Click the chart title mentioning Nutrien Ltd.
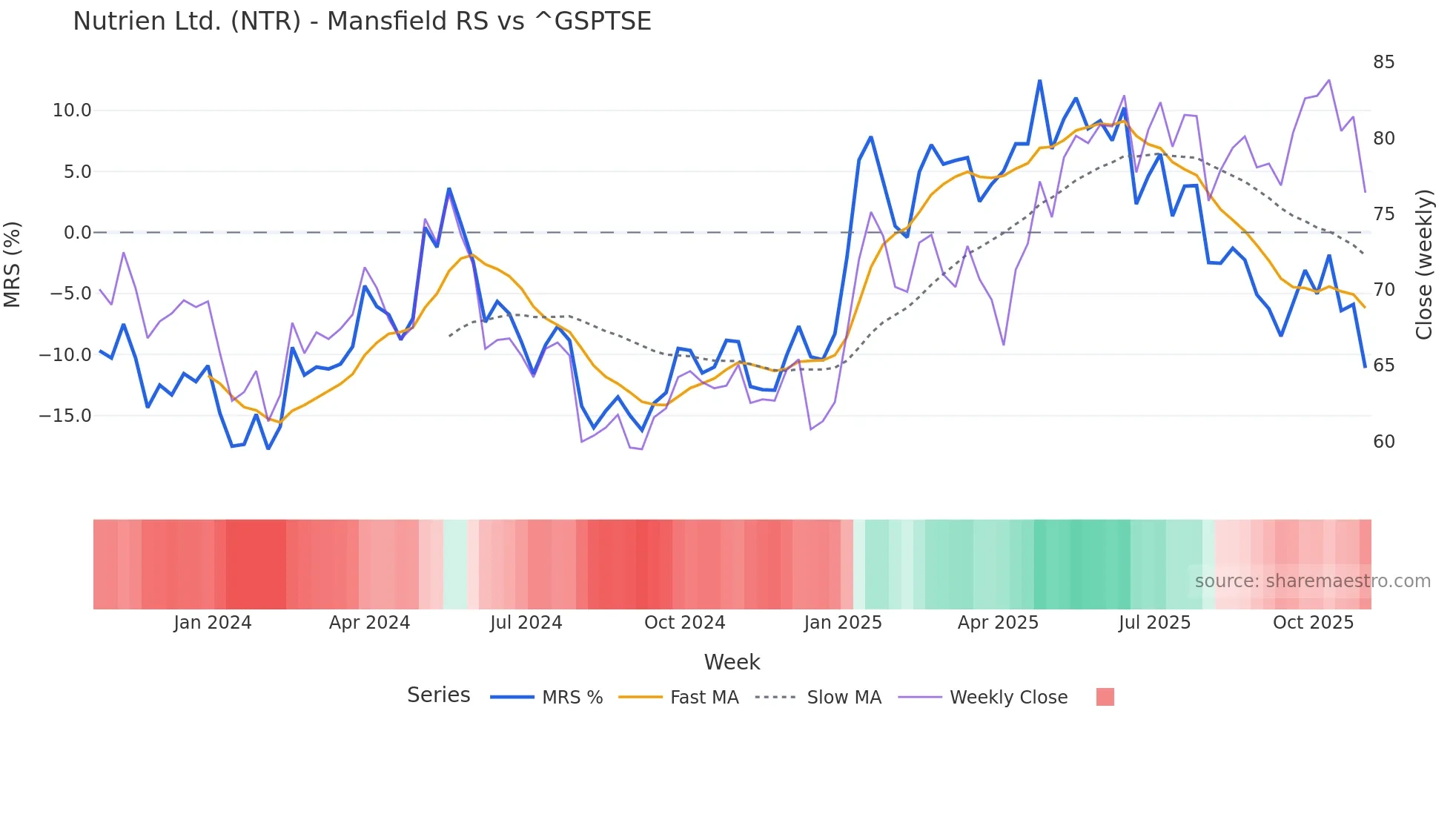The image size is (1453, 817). [362, 21]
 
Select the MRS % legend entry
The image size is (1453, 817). [572, 698]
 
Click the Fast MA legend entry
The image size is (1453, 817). [704, 698]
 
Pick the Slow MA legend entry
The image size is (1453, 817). [844, 698]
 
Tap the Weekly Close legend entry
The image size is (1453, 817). [1008, 698]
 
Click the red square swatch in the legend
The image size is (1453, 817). [1105, 697]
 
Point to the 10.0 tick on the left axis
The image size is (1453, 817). [72, 110]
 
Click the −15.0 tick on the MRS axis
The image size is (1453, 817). [65, 416]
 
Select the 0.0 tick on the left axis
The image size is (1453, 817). [77, 233]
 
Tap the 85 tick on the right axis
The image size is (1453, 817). [1383, 62]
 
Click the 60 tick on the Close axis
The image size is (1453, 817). [1383, 442]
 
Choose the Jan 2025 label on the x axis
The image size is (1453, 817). [843, 623]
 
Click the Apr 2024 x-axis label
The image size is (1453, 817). [369, 623]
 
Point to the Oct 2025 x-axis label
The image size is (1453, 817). [1313, 623]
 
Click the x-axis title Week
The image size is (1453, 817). [732, 662]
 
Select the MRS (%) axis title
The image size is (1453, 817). [13, 264]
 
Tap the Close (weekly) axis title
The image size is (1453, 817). [1424, 265]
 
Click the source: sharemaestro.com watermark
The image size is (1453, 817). [1312, 581]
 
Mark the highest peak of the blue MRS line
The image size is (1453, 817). [1039, 81]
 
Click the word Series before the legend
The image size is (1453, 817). [438, 695]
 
